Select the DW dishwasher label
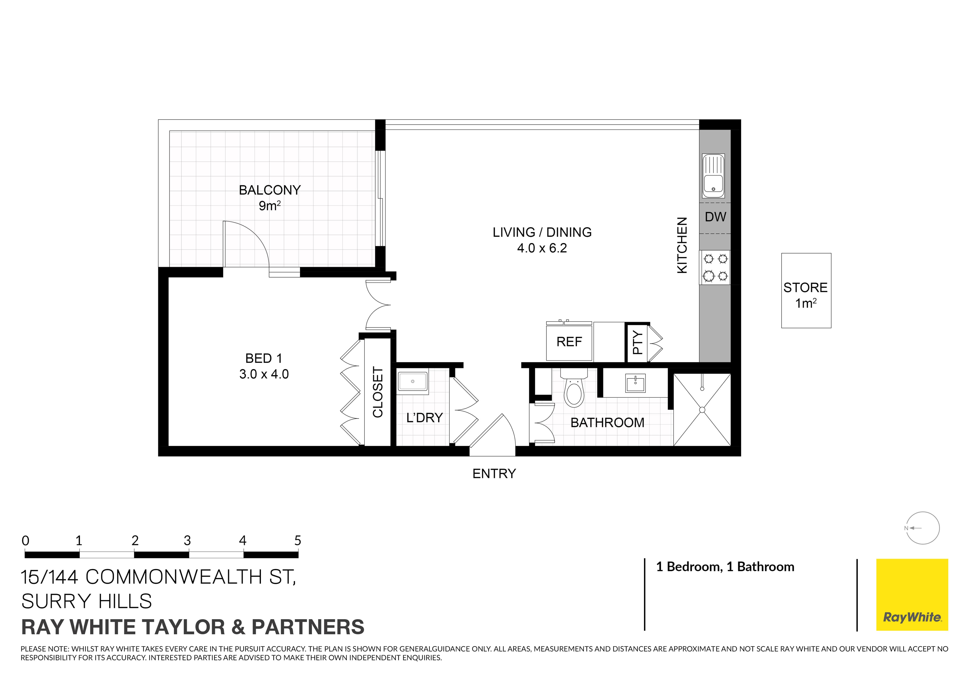pos(715,217)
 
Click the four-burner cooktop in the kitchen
pos(715,267)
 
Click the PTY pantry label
pos(637,342)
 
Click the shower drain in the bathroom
pos(702,410)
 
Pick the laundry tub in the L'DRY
pos(413,381)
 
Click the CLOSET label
pos(378,392)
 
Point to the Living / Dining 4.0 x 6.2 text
pos(542,248)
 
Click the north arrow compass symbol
pos(923,528)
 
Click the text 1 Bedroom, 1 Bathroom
pos(725,567)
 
